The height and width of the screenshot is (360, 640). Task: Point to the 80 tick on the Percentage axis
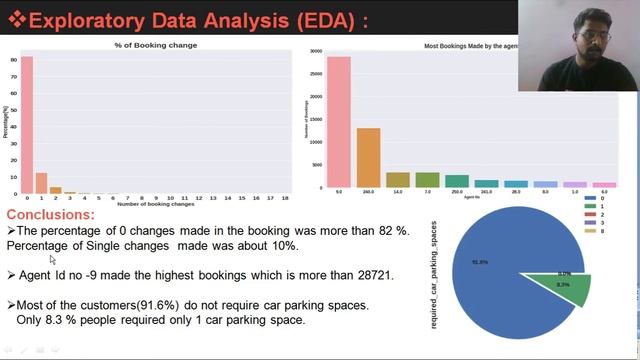(x=13, y=60)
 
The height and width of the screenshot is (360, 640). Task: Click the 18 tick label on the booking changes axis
(x=286, y=198)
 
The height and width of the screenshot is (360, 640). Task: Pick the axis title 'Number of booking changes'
(x=155, y=205)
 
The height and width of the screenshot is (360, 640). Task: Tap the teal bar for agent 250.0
(x=457, y=181)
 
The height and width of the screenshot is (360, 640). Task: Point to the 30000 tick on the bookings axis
(x=315, y=51)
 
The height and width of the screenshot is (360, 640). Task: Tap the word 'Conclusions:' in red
(x=51, y=215)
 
